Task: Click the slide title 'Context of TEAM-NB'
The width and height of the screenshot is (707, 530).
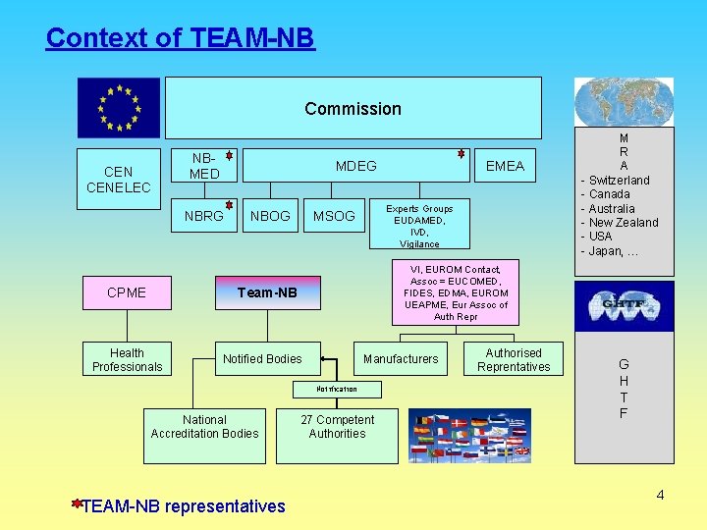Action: tap(180, 38)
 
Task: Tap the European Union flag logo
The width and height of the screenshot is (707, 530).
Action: tap(119, 107)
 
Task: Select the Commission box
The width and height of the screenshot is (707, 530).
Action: tap(353, 108)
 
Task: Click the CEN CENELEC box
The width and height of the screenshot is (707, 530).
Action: tap(119, 180)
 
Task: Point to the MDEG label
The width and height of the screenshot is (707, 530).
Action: tap(355, 166)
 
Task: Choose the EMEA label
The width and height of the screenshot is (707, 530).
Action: tap(505, 166)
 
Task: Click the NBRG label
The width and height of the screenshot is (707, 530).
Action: tap(204, 216)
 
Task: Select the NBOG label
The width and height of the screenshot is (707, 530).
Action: tap(270, 216)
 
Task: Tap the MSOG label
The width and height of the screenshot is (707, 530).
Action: tap(334, 216)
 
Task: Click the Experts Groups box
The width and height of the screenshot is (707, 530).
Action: tap(419, 226)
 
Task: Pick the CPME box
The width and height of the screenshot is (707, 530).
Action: tap(126, 292)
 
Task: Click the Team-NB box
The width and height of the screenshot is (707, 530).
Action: tap(267, 292)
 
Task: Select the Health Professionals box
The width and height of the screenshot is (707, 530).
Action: tap(127, 360)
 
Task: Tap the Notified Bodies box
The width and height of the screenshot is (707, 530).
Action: tap(262, 359)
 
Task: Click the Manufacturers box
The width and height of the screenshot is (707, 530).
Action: tap(401, 359)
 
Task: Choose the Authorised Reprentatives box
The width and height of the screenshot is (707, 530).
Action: tap(514, 360)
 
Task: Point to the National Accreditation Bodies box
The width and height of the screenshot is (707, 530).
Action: tap(205, 427)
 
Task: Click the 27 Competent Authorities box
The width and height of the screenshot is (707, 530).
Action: tap(337, 427)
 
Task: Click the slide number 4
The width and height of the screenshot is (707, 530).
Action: tap(660, 495)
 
